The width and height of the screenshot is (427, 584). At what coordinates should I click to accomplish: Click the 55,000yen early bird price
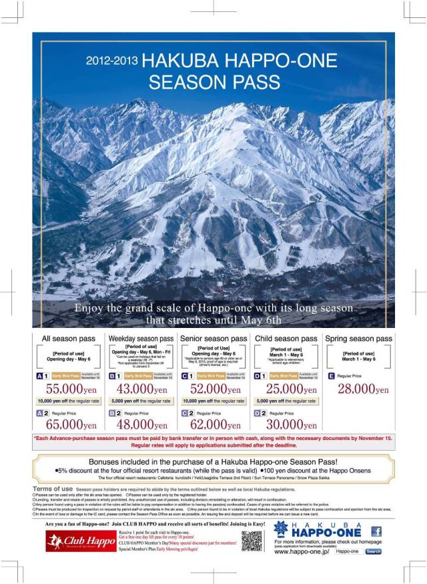click(x=69, y=389)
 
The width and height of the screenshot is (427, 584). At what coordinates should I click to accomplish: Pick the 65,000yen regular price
click(x=69, y=424)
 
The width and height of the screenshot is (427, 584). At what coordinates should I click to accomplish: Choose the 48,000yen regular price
click(x=141, y=424)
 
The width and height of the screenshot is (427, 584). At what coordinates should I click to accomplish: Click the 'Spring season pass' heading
click(x=359, y=339)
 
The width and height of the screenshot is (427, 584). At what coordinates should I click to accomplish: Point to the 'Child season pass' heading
click(x=286, y=339)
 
